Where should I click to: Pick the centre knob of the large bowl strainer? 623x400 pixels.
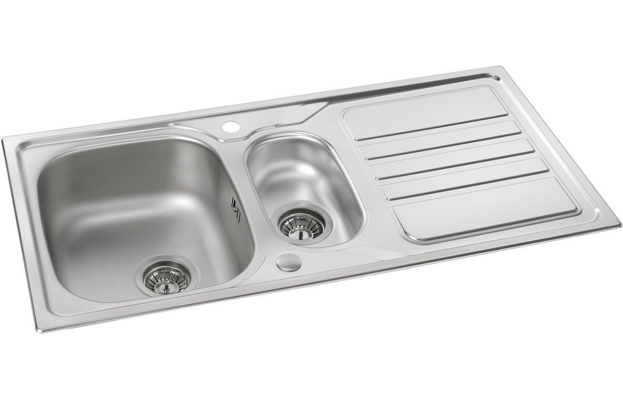pyautogui.click(x=166, y=286)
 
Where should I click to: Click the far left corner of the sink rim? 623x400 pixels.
pyautogui.click(x=4, y=141)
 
